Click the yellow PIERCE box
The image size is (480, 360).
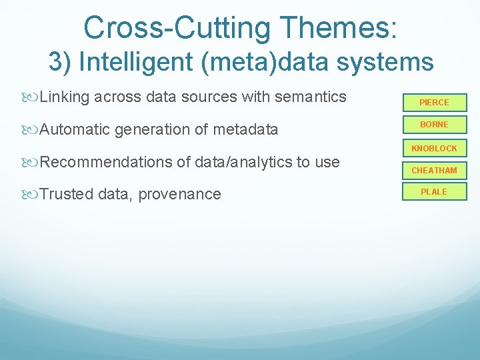coord(434,103)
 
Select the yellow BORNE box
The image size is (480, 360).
coord(434,125)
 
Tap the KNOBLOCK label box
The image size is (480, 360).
coord(434,148)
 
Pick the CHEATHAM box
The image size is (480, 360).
coord(434,171)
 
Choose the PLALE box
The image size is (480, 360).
coord(434,192)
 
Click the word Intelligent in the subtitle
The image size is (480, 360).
coord(139,62)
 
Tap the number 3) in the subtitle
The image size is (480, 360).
coord(60,62)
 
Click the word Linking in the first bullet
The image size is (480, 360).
coord(65,97)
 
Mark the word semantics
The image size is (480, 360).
coord(310,97)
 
